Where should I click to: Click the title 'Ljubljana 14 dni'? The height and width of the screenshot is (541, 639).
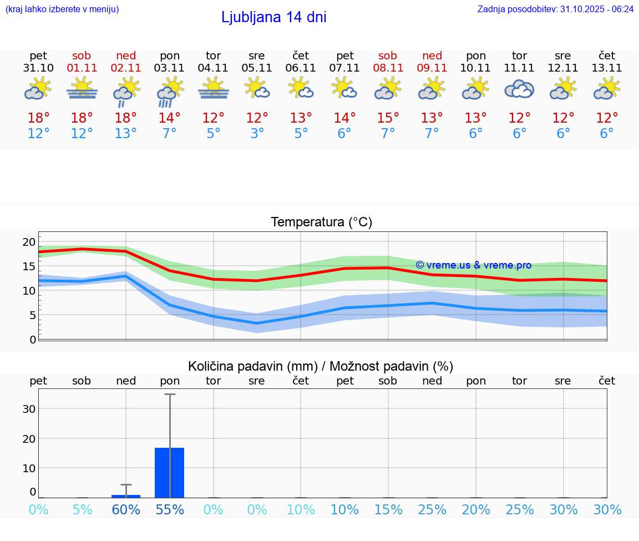273,17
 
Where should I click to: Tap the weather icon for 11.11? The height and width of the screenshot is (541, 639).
519,89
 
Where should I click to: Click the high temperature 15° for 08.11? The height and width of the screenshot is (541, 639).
388,118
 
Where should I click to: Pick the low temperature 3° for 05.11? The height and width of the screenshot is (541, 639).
257,134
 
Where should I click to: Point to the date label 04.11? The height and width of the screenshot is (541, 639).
213,68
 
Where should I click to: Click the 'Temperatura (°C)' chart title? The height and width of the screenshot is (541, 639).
321,223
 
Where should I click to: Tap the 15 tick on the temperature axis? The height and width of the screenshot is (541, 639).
29,266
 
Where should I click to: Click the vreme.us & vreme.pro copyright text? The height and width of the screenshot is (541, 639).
473,265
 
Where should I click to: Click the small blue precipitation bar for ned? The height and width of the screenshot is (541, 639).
126,496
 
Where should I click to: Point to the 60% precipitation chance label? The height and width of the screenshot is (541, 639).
126,510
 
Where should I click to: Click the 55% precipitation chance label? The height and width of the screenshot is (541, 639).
170,510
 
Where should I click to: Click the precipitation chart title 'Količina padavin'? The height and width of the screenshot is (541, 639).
321,366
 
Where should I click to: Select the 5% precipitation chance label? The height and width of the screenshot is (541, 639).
82,510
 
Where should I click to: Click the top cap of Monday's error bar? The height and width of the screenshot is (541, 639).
170,394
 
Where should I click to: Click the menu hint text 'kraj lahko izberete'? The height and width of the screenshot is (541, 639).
62,9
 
